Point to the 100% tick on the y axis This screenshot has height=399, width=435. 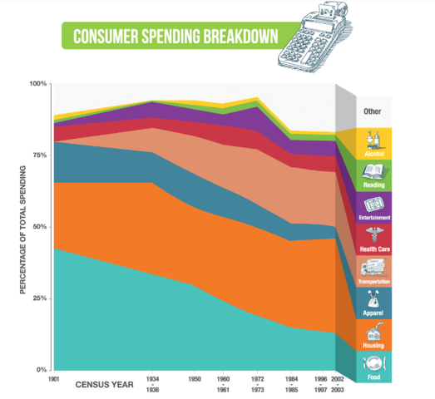pos(38,84)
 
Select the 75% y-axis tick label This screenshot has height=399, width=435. pos(39,155)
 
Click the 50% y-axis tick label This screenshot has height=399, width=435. pos(39,227)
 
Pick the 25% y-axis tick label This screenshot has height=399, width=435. pos(39,298)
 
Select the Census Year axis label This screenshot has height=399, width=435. pos(103,384)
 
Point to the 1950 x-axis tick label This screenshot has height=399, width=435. pos(195,378)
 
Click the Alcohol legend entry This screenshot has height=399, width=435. pos(372,142)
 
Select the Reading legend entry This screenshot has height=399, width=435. pos(372,174)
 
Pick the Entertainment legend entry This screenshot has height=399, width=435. pos(372,205)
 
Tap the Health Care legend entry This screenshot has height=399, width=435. pos(372,238)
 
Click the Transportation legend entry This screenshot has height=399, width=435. pos(372,270)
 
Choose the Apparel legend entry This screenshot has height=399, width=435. pos(372,302)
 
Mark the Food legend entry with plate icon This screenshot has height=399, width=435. pos(372,366)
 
